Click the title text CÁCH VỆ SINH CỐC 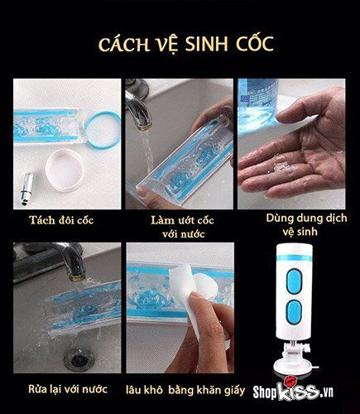coord(180,44)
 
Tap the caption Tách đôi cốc coord(60,219)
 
